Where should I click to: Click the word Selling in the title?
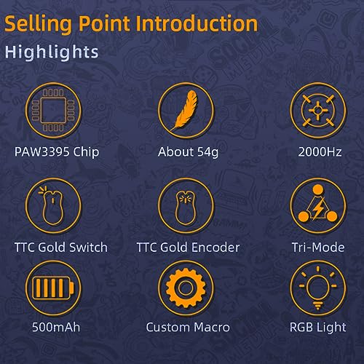[39, 24]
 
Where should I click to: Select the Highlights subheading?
[52, 52]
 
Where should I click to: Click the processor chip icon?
[53, 111]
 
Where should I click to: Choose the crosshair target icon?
[318, 111]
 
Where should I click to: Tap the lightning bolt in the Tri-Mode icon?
[318, 208]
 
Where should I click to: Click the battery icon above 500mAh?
[53, 288]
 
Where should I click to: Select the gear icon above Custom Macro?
[186, 288]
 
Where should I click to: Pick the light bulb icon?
[318, 288]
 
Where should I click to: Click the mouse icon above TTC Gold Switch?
[52, 207]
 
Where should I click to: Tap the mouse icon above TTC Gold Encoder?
[185, 208]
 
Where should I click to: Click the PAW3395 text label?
[42, 152]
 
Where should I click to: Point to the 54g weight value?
[207, 153]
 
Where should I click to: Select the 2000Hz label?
[320, 152]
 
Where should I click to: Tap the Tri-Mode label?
[318, 248]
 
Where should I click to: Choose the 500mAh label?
[56, 327]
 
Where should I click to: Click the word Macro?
[212, 327]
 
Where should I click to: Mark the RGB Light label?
[318, 328]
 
